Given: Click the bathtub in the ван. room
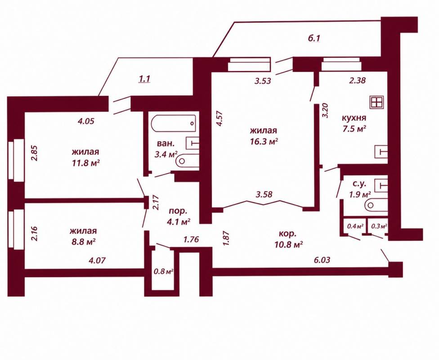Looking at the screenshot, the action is tap(174, 123).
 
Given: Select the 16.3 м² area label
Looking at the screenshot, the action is tap(264, 141).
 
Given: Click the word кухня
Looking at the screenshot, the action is tap(354, 117).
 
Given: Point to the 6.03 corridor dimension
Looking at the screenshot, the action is tap(322, 260).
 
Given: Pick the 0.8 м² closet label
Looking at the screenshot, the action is tap(163, 271).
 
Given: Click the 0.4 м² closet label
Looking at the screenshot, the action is tap(355, 225).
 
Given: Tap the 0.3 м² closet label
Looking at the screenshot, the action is tap(379, 225).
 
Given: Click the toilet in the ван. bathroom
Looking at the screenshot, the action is tap(187, 161).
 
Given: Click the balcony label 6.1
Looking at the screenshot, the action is tap(314, 38).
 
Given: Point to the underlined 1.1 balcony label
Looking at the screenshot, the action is tap(144, 79).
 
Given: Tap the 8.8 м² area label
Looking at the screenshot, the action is tap(83, 242).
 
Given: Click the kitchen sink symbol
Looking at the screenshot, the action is tap(381, 152).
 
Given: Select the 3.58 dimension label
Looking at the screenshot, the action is tap(264, 194).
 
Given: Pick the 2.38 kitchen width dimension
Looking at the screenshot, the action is tap(357, 81).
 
